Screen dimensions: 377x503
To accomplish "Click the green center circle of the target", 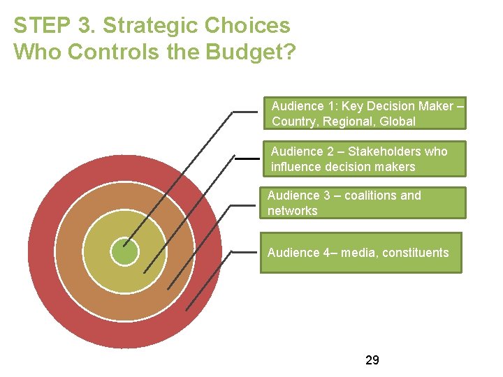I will click(x=125, y=251).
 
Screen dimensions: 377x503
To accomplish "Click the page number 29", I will click(x=372, y=360).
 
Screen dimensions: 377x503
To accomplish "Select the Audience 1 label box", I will click(x=364, y=114).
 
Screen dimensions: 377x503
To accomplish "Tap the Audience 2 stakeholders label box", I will click(x=364, y=158).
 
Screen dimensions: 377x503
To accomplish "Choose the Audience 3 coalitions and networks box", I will click(x=362, y=203).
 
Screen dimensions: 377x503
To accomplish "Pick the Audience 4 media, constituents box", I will click(x=360, y=253).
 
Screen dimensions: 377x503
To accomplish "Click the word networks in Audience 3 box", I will click(x=292, y=211).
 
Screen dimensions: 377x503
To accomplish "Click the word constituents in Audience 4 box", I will click(x=416, y=253).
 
